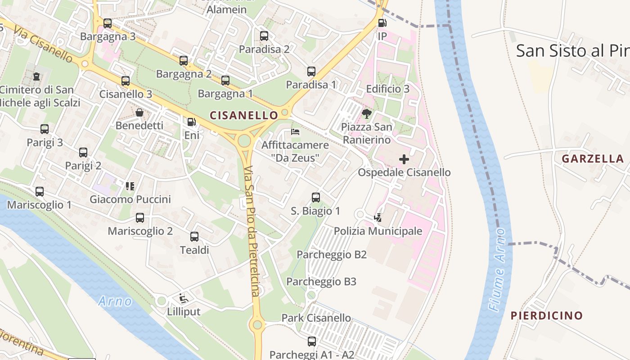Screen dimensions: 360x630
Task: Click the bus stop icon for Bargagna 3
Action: (x=107, y=23)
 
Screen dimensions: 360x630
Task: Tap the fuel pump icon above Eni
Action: (x=191, y=121)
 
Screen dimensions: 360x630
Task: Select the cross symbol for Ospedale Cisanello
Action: (x=404, y=159)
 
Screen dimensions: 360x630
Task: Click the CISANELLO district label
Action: (x=243, y=115)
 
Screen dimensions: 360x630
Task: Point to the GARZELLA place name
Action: (x=593, y=158)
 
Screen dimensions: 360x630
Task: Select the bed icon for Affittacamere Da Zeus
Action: (x=295, y=132)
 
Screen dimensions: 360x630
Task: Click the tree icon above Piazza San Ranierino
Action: (x=367, y=113)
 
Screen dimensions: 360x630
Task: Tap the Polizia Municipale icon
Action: (x=378, y=218)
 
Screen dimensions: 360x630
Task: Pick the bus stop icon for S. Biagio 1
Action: (x=316, y=197)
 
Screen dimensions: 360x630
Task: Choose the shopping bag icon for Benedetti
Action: (x=139, y=112)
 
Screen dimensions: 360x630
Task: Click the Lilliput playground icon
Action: (x=184, y=298)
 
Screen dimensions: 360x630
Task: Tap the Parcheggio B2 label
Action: (x=332, y=255)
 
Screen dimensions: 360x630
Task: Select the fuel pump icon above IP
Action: (x=382, y=22)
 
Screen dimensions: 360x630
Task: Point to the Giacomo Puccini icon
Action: (x=130, y=186)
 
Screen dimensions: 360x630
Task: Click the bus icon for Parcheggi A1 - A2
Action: (x=311, y=342)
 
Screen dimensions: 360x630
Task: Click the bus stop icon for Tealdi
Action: (x=194, y=236)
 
